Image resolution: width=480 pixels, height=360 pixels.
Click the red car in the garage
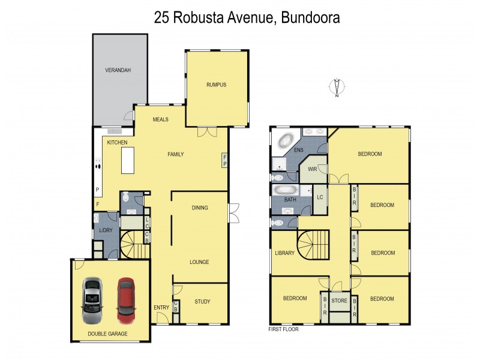(125, 297)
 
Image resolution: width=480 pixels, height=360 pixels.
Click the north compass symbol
(337, 88)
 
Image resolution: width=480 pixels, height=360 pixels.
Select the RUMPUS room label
(216, 85)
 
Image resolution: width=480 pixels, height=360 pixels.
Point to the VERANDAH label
(118, 70)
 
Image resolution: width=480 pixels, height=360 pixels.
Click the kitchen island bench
(127, 160)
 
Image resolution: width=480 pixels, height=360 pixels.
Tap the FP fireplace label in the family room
(225, 160)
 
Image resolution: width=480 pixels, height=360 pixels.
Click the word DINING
(200, 208)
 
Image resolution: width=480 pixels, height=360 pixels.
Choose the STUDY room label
(202, 302)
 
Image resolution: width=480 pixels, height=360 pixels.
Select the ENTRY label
(161, 308)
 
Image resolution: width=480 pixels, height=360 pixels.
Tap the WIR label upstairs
(312, 169)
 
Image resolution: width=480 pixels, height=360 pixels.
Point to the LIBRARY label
(284, 253)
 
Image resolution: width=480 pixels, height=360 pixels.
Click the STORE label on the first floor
(340, 302)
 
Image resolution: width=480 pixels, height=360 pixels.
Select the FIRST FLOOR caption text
(283, 329)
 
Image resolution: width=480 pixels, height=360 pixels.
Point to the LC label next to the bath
(320, 197)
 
